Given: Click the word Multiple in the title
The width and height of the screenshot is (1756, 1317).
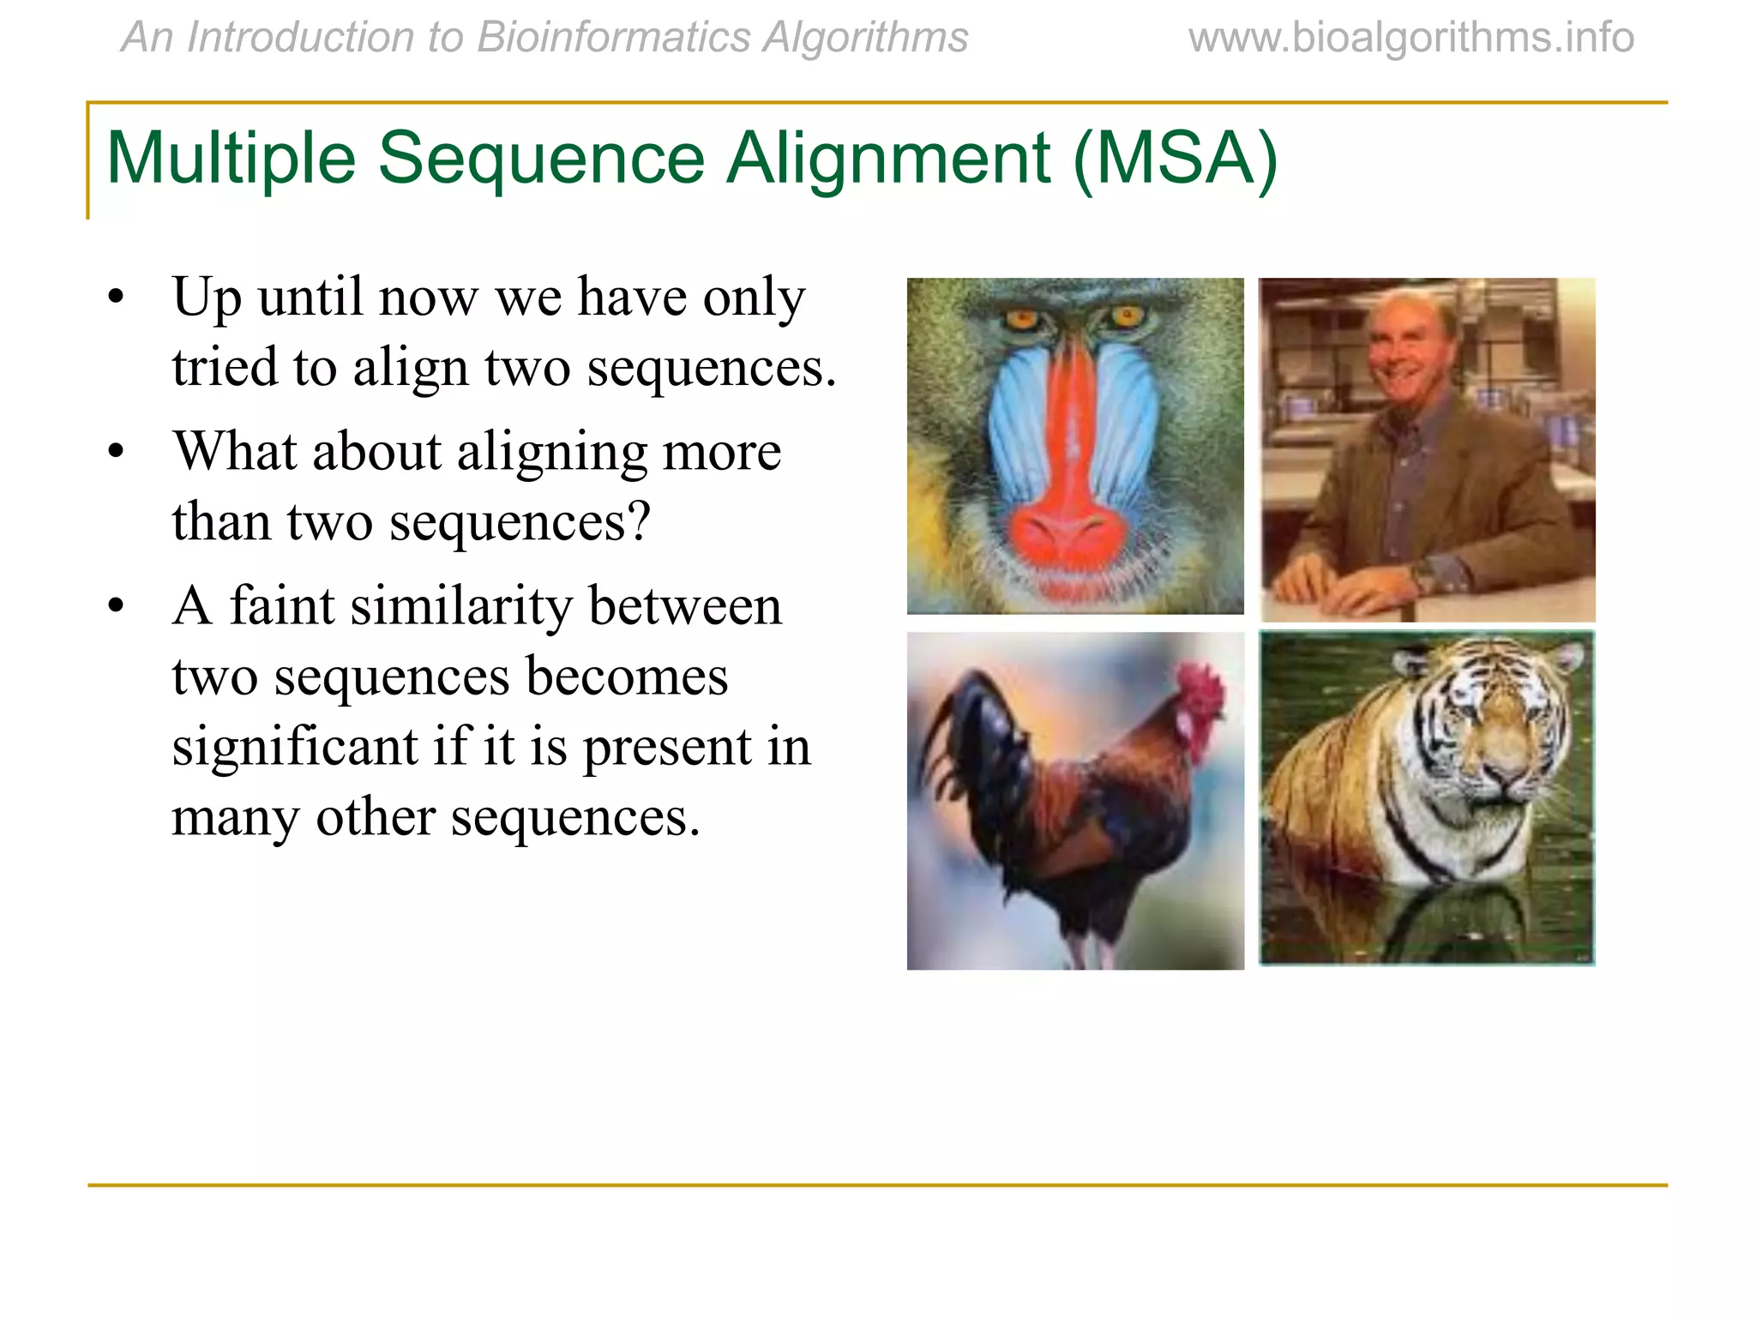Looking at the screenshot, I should coord(230,158).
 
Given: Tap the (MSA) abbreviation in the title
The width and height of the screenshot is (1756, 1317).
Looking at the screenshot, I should coord(1175,158).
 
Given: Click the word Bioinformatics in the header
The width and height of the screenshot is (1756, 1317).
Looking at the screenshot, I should coord(613,38).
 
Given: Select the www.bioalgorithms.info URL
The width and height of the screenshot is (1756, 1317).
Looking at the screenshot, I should coord(1410,38).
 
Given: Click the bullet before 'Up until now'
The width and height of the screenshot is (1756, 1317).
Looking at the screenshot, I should coord(117,298).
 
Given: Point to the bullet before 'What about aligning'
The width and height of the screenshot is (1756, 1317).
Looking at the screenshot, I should coord(117,453).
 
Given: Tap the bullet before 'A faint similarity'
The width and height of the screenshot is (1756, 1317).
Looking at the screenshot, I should coord(117,607).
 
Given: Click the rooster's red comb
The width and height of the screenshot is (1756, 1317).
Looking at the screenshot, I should coord(1200,691).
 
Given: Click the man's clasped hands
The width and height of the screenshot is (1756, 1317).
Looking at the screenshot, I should coord(1338,583).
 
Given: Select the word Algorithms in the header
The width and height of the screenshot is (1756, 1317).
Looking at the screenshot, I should coord(866,38).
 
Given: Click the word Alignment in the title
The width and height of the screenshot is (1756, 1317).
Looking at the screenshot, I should coord(888,158).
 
